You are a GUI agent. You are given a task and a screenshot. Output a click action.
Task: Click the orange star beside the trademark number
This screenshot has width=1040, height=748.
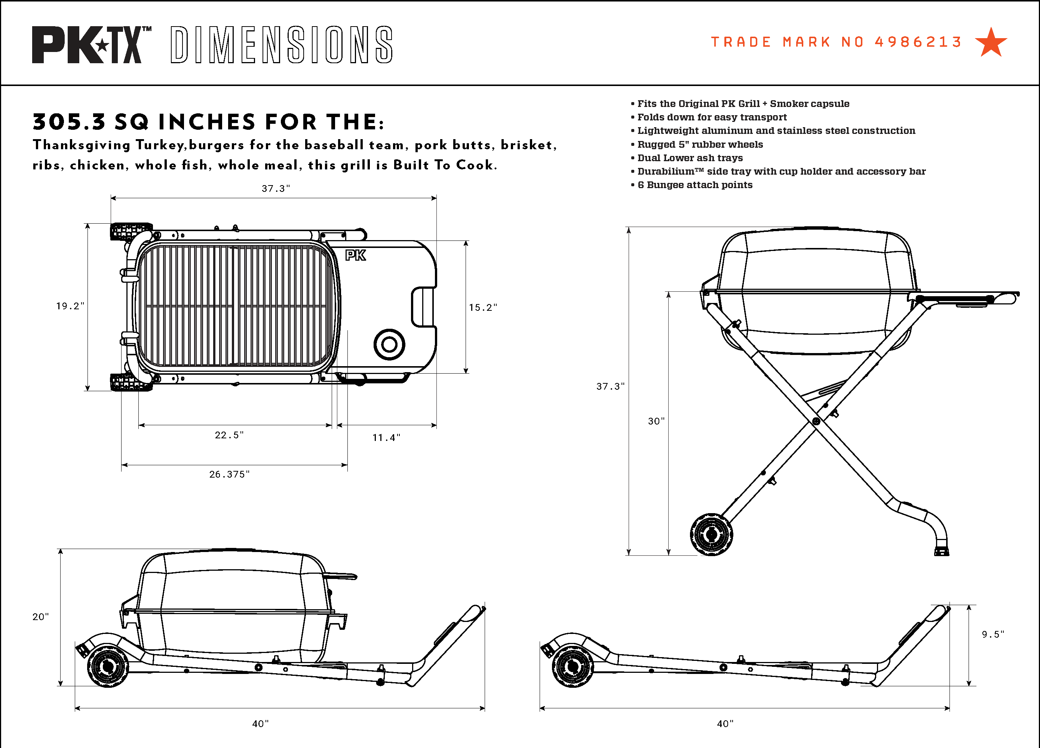pos(991,43)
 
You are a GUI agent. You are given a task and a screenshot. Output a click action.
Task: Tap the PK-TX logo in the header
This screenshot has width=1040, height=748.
pos(91,45)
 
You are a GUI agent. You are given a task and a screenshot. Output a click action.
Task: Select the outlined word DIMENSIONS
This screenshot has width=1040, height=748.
pos(282,45)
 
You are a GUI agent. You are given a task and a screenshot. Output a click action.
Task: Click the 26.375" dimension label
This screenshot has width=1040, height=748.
pos(229,475)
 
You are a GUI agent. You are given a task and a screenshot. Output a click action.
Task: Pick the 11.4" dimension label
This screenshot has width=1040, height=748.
pos(386,438)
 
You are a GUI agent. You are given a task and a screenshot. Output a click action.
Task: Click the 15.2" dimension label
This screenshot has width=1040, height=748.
pos(482,308)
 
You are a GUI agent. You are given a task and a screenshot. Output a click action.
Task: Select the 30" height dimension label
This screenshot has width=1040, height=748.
pos(656,421)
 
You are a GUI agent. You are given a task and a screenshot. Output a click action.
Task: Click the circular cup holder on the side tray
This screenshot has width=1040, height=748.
pos(389,344)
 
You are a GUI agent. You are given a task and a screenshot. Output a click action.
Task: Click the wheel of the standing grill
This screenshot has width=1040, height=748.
pos(711,534)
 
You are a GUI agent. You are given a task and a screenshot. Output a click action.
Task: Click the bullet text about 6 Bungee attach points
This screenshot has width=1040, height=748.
pos(695,185)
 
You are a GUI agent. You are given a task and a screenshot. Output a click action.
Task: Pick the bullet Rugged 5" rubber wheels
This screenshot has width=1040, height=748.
pos(700,144)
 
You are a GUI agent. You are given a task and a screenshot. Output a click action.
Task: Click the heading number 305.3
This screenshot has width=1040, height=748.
pos(69,122)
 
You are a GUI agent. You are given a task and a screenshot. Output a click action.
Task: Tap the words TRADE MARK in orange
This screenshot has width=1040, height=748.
pos(770,42)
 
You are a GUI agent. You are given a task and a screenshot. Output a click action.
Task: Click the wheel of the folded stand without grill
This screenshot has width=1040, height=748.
pos(572,666)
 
